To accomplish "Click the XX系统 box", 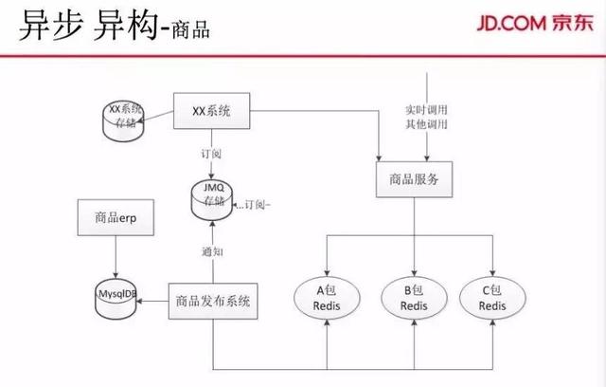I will pyautogui.click(x=212, y=112).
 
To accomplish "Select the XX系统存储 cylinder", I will pyautogui.click(x=128, y=117).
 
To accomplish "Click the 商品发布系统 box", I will pyautogui.click(x=213, y=302).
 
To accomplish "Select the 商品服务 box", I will pyautogui.click(x=415, y=178).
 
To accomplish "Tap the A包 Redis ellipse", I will pyautogui.click(x=325, y=298).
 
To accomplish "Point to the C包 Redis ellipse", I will pyautogui.click(x=491, y=298).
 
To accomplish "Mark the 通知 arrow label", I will pyautogui.click(x=212, y=251).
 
